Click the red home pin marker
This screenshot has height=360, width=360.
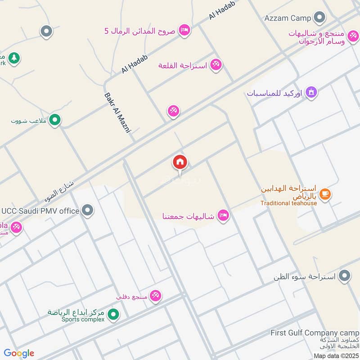[x=180, y=162]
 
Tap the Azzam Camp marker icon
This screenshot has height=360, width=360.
[x=319, y=18]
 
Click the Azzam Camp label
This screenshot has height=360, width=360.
[x=288, y=18]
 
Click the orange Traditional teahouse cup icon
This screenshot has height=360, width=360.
[x=325, y=194]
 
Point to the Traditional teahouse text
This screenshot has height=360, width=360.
[x=288, y=203]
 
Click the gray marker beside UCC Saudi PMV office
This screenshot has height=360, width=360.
[x=88, y=210]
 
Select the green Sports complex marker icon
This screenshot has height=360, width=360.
[x=114, y=314]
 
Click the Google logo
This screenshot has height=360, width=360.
[x=19, y=353]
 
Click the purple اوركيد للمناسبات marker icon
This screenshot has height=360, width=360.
[x=311, y=93]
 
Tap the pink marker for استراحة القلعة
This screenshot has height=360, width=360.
[x=216, y=65]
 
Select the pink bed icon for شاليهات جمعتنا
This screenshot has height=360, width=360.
[x=223, y=216]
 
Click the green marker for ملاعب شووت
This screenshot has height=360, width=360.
[x=55, y=120]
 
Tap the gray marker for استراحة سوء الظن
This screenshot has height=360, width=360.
[x=345, y=275]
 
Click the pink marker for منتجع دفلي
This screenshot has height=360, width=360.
[x=156, y=296]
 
